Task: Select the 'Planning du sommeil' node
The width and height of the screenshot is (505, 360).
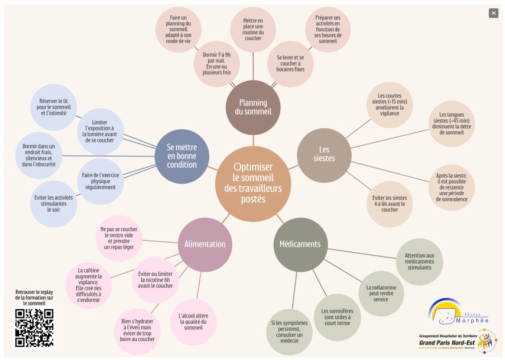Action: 253,107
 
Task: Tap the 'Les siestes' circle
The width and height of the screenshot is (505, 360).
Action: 324,155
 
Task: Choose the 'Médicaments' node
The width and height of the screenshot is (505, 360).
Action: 300,244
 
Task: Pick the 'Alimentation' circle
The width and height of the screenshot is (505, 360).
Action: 205,244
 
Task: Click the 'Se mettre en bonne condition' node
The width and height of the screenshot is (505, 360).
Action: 182,156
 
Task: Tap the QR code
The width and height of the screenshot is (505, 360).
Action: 34,328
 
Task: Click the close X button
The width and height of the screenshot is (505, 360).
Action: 494,13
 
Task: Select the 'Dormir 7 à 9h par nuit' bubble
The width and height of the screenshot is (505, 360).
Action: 217,64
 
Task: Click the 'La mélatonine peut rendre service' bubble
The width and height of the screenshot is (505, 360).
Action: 381,293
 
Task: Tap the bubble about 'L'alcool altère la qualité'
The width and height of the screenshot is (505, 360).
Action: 193,322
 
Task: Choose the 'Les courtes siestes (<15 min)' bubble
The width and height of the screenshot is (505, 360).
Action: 390,105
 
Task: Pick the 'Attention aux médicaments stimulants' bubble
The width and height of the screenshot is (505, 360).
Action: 420,261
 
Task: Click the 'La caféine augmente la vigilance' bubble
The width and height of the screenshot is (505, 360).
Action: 89,285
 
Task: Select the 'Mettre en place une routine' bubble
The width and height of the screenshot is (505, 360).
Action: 253,29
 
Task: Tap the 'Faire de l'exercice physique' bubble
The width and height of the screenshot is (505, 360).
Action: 100,181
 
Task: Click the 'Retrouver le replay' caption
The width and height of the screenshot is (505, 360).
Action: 34,297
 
